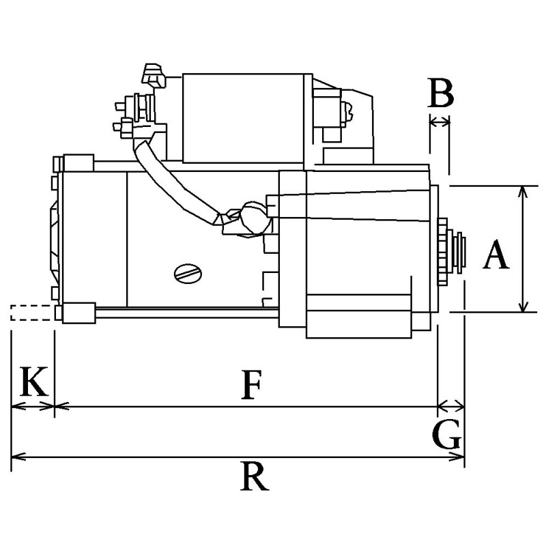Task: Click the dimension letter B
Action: tap(441, 94)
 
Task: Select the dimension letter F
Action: tap(252, 386)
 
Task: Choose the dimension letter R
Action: tap(254, 476)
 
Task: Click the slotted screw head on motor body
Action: tap(188, 274)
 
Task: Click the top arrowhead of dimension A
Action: tap(523, 190)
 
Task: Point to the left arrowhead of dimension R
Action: tap(16, 457)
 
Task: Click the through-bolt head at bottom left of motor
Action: tap(77, 313)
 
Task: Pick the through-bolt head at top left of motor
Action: tap(76, 163)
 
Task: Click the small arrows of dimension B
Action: tap(440, 121)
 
